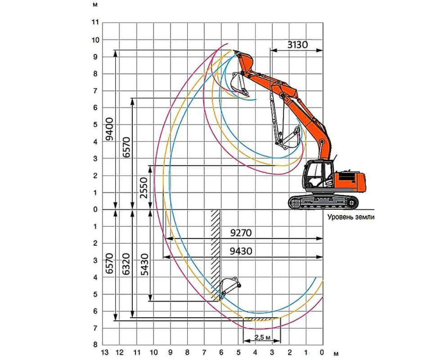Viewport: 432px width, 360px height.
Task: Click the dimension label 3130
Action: point(297,45)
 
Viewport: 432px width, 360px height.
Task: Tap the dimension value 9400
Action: point(109,129)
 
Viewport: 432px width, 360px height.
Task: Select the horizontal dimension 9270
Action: point(241,233)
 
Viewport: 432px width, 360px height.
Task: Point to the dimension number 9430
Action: point(241,251)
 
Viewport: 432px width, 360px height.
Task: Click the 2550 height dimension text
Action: point(144,188)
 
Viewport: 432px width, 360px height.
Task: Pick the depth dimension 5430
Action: point(145,265)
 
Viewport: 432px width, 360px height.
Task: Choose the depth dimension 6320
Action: point(126,264)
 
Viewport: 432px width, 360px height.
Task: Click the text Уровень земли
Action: point(351,217)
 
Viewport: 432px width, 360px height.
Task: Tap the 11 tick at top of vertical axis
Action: point(95,22)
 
